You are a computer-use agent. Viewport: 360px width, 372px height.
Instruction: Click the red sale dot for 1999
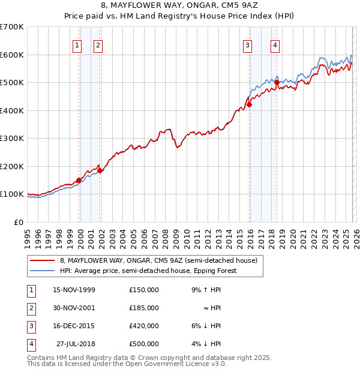coord(79,180)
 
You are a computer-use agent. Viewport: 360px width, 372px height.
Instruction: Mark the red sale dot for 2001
coord(100,170)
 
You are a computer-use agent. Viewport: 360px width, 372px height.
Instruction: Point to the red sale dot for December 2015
coord(250,104)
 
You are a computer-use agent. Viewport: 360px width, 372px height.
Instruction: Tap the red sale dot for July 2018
coord(277,82)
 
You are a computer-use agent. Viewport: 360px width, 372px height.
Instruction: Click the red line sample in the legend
coord(42,260)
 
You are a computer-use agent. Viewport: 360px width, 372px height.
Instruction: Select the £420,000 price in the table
coord(143,326)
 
